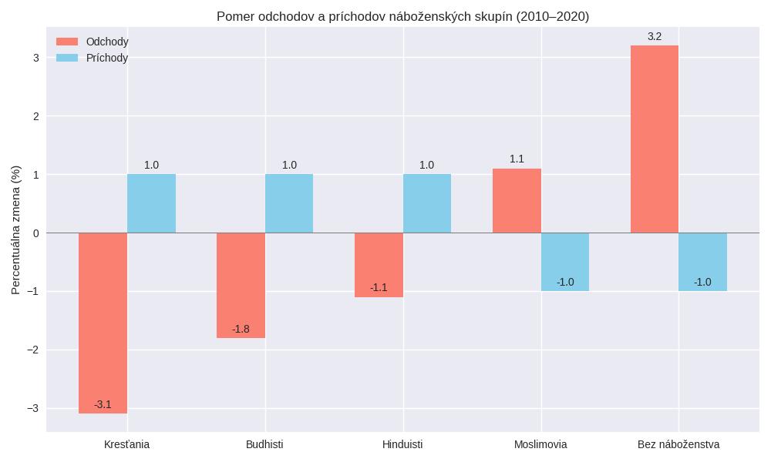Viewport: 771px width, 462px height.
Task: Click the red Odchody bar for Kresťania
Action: pyautogui.click(x=103, y=323)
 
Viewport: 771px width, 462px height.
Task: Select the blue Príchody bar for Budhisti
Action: pyautogui.click(x=289, y=203)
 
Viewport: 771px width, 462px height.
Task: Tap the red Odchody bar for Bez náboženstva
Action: pyautogui.click(x=655, y=139)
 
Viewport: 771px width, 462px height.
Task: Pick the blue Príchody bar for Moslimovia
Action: pyautogui.click(x=565, y=262)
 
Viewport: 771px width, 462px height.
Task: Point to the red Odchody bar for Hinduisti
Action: pyautogui.click(x=379, y=265)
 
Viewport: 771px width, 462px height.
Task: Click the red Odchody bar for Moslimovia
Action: pyautogui.click(x=517, y=200)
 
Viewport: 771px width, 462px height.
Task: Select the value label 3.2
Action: pyautogui.click(x=655, y=36)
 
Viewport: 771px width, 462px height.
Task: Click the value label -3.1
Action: pyautogui.click(x=103, y=404)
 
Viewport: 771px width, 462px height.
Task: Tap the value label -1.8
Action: pyautogui.click(x=241, y=329)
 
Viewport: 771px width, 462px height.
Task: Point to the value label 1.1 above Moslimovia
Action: pyautogui.click(x=517, y=159)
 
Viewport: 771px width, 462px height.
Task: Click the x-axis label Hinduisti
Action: pyautogui.click(x=402, y=444)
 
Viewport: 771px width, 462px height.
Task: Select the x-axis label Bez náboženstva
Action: pyautogui.click(x=678, y=444)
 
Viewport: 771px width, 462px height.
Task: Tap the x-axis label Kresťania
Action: pyautogui.click(x=127, y=444)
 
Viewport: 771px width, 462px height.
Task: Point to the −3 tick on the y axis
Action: pyautogui.click(x=32, y=408)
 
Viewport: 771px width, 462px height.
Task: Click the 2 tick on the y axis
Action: pyautogui.click(x=35, y=116)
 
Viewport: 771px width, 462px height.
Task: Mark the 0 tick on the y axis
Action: pyautogui.click(x=35, y=233)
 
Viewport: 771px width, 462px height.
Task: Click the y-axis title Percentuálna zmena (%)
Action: pyautogui.click(x=16, y=229)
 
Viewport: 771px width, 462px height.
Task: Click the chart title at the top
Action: pyautogui.click(x=402, y=16)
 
